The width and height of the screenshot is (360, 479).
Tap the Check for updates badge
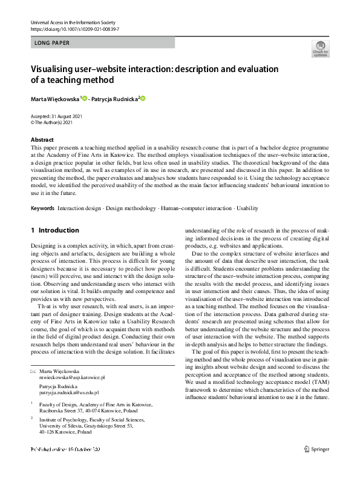(320, 48)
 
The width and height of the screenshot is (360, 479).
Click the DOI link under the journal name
(74, 29)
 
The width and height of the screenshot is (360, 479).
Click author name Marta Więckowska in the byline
(55, 98)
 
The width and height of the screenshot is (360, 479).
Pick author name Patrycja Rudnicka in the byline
(116, 98)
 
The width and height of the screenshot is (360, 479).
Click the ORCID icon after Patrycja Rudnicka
(143, 98)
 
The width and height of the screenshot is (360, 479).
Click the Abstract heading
(42, 139)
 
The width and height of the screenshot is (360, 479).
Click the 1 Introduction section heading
(55, 230)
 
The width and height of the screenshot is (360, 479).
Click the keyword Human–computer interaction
(194, 208)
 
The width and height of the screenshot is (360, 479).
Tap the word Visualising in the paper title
(55, 69)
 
